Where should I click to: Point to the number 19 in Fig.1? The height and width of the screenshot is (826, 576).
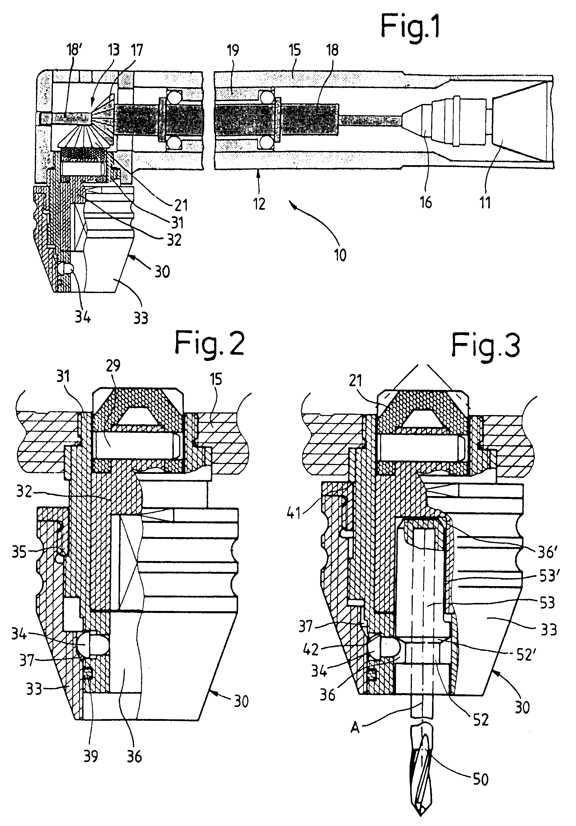tap(233, 50)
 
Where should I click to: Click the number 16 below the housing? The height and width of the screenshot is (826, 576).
tap(426, 203)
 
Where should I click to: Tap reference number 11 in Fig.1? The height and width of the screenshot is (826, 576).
tap(485, 203)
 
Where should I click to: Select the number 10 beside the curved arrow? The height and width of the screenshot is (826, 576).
tap(340, 255)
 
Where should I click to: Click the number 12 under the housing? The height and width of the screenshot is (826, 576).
tap(259, 204)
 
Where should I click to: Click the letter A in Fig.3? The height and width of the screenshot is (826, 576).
tap(355, 728)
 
